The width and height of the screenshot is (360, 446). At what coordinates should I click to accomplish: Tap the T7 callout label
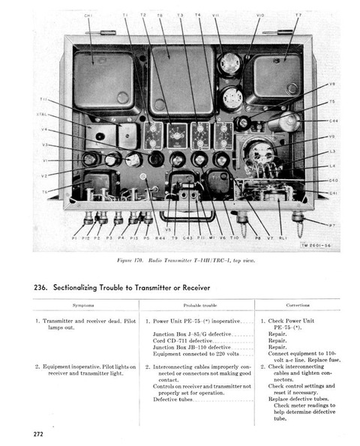click(x=298, y=15)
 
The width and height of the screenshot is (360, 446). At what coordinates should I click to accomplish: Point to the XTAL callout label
click(x=42, y=115)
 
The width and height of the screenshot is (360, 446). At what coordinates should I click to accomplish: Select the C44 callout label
click(x=332, y=121)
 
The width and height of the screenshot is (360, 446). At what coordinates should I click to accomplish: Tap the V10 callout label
click(x=260, y=15)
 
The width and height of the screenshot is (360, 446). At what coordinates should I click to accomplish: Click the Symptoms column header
click(x=83, y=306)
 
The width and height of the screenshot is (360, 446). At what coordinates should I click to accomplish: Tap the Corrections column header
click(x=298, y=306)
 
